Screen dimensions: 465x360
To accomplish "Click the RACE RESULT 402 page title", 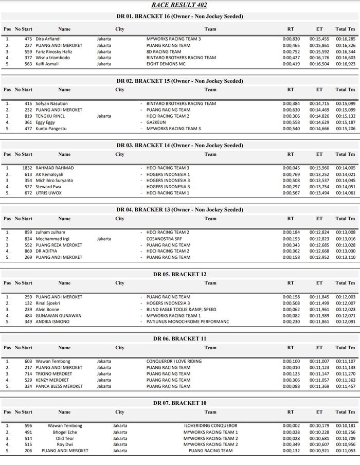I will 179,5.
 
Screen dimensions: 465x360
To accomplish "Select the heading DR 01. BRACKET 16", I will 179,16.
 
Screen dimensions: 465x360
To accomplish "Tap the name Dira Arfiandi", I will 48,39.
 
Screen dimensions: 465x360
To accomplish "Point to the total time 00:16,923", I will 345,64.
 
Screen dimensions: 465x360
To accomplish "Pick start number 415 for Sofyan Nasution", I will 28,103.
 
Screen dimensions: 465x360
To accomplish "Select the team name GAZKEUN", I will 157,122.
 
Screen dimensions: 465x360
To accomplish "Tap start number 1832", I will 27,168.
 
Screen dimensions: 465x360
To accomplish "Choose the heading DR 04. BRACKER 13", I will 179,210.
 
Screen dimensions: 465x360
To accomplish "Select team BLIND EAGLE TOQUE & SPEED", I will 181,309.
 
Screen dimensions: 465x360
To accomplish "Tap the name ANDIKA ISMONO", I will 52,322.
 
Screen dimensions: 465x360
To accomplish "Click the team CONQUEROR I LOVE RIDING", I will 174,361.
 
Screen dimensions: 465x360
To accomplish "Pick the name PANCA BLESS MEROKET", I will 59,386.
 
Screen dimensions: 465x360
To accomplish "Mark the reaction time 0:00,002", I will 291,425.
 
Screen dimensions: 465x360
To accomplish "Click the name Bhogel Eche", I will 65,432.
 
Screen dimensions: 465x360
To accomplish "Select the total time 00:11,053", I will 345,451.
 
